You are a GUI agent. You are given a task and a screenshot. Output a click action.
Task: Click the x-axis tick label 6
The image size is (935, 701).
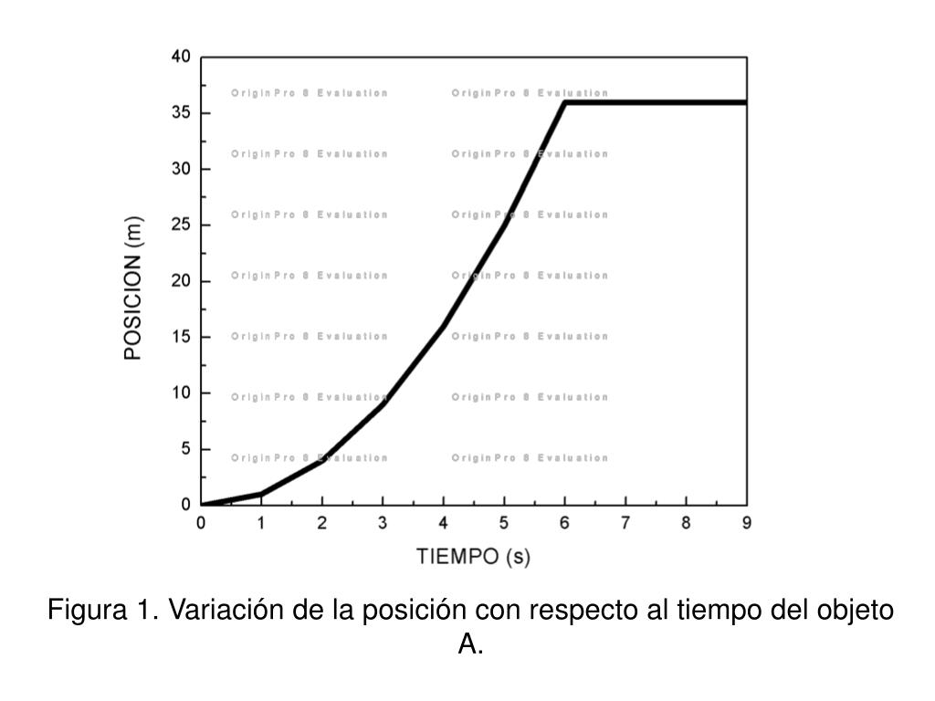point(565,523)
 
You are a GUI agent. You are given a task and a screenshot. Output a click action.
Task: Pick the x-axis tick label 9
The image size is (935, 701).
point(747,523)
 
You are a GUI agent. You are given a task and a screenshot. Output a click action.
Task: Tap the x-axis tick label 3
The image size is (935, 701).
point(383,523)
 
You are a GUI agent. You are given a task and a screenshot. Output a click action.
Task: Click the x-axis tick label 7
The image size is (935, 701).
point(625,523)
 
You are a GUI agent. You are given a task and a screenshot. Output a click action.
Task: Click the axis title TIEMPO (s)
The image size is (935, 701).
point(473,556)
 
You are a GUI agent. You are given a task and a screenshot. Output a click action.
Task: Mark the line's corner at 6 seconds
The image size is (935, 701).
point(565,102)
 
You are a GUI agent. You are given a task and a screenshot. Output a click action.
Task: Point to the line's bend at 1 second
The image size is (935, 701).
point(261,494)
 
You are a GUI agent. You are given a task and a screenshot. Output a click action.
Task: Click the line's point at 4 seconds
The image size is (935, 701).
point(444,326)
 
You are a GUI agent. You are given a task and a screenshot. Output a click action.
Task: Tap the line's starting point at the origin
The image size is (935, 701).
point(202,505)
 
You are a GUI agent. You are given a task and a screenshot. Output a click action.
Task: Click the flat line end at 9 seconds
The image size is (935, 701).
point(745,102)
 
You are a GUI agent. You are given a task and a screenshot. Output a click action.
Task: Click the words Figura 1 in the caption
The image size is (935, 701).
point(102,610)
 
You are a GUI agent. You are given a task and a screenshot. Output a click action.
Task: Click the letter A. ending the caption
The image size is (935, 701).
point(470,645)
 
